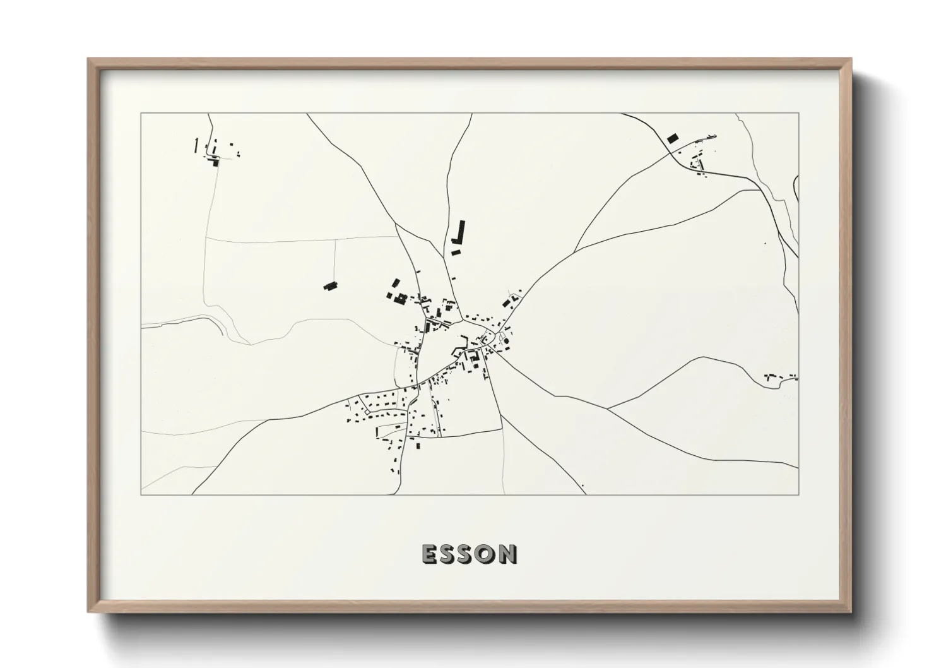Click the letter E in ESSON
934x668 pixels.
(429, 554)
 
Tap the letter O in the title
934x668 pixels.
(487, 554)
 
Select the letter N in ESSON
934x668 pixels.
(507, 554)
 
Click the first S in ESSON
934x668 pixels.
(448, 554)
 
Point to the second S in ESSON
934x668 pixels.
(467, 554)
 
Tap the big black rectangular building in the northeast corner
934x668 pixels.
(672, 138)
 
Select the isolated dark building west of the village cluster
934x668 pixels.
(329, 286)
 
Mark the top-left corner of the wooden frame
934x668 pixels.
(88, 59)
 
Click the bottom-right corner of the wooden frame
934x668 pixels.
(851, 612)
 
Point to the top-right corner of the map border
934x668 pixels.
(798, 114)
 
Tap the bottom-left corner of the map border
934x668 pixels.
(141, 494)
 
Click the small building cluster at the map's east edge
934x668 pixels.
(780, 378)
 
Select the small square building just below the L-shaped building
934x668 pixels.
(456, 253)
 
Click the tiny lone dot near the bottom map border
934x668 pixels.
(582, 485)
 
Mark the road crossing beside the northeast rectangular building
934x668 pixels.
(670, 152)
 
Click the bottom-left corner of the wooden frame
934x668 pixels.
(88, 612)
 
